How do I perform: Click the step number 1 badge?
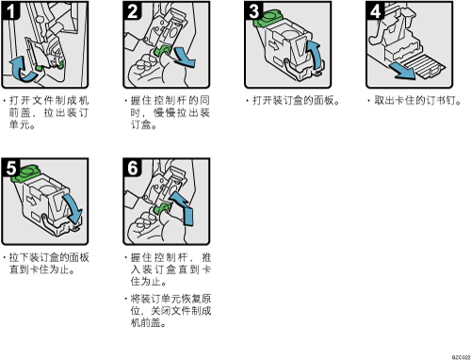tap(10, 10)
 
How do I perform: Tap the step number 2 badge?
tap(132, 10)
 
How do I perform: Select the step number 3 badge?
tap(253, 10)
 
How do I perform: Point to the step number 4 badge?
tap(375, 10)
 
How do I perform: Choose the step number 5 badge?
tap(10, 168)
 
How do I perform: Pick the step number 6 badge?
tap(132, 168)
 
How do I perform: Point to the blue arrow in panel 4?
tap(402, 72)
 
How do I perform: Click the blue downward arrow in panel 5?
tap(73, 208)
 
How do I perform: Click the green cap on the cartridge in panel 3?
tap(268, 18)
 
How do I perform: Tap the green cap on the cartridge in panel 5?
tap(25, 173)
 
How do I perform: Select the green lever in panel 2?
tap(163, 51)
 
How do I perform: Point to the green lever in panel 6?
tap(163, 208)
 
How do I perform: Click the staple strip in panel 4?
tap(424, 66)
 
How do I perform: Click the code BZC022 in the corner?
tap(462, 357)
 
